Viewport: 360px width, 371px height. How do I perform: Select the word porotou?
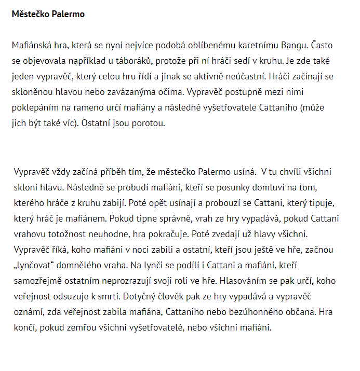pos(150,125)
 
